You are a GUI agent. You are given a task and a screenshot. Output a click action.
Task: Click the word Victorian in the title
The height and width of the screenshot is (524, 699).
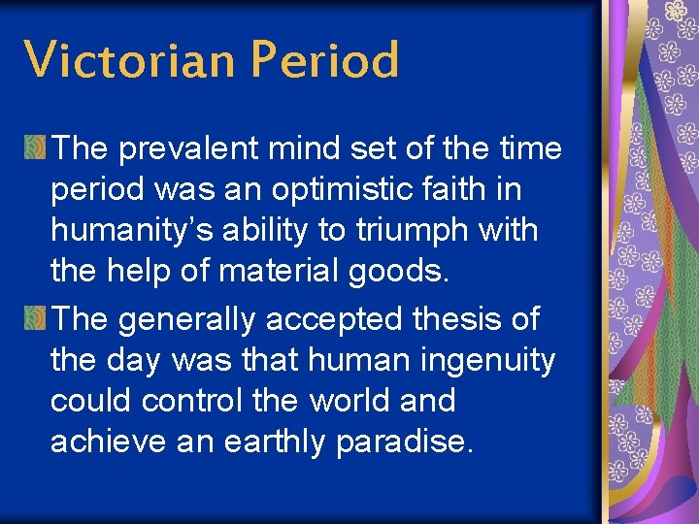point(130,60)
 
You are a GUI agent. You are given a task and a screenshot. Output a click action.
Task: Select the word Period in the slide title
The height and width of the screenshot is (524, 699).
point(323,60)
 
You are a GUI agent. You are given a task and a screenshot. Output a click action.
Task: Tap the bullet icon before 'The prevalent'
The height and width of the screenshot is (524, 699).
point(36,148)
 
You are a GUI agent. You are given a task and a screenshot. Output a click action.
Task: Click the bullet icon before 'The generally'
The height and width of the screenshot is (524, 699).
point(36,317)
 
